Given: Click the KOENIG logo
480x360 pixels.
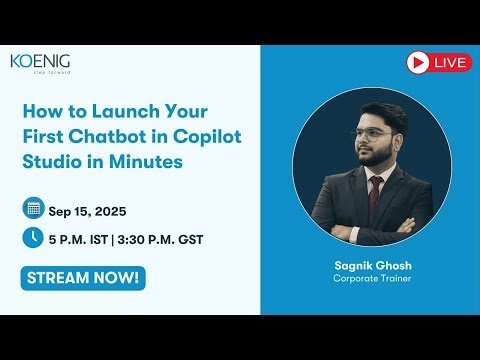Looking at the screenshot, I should point(41,63).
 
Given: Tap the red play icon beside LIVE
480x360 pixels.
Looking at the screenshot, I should point(418,62).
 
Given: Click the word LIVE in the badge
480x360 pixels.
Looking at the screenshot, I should point(451,62).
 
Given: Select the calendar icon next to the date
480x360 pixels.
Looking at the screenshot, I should point(33,209).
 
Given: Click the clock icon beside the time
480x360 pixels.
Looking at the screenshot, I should point(33,238).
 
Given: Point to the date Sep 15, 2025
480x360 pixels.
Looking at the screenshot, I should point(87,210).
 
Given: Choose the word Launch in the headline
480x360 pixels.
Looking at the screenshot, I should point(111,111).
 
